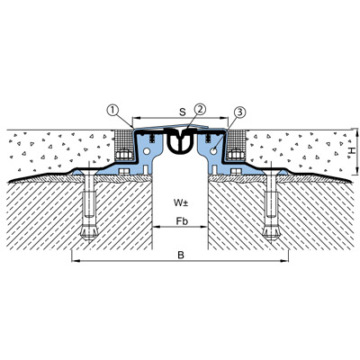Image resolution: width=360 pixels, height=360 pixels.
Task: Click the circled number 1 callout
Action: tap(112, 111)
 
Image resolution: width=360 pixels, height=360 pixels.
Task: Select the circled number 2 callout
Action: tap(200, 109)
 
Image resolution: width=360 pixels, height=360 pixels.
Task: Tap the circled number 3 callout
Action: tap(239, 112)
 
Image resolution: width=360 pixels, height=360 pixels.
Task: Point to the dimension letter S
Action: tap(183, 112)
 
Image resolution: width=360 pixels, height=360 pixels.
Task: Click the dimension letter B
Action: tap(181, 256)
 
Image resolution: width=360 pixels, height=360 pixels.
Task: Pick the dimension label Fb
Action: tap(182, 221)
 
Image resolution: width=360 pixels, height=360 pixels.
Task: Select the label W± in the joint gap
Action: tap(181, 203)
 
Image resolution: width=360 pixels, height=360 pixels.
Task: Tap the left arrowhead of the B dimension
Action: tap(75, 261)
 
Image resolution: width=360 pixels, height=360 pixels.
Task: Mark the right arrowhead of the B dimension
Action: tap(285, 261)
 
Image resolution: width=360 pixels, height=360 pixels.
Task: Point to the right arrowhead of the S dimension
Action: tap(225, 118)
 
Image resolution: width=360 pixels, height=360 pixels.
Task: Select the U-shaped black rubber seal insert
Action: tap(180, 141)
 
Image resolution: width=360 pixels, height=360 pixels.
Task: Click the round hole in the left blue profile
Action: tap(147, 151)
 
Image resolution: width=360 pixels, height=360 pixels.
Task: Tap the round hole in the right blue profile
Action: tap(213, 151)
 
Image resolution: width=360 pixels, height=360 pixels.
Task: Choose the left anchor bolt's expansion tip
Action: tap(89, 233)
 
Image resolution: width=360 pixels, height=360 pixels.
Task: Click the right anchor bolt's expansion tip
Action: tap(271, 233)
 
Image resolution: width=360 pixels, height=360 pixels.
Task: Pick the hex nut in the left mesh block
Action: tap(124, 155)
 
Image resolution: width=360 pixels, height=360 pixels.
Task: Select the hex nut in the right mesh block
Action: tap(236, 155)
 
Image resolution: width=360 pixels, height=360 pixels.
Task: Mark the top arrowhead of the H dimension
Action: tap(356, 131)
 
